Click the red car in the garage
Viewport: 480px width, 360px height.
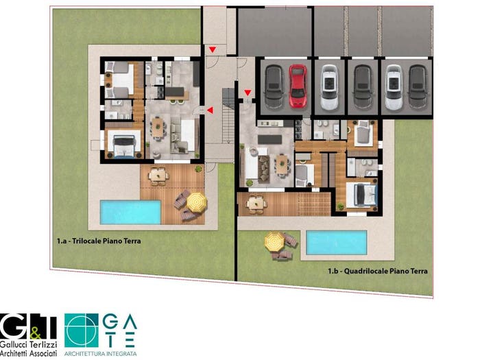click(x=298, y=86)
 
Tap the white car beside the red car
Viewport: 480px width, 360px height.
click(x=329, y=88)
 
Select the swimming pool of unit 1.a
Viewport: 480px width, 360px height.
click(x=131, y=212)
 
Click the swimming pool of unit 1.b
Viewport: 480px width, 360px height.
click(x=337, y=243)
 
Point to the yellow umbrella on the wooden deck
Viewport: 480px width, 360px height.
click(x=197, y=202)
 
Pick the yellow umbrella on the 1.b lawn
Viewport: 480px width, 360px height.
click(x=274, y=241)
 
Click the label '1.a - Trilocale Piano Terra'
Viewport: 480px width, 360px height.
click(x=99, y=241)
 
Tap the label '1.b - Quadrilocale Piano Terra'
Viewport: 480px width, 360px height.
click(x=378, y=271)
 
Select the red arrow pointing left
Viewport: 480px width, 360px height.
click(x=210, y=110)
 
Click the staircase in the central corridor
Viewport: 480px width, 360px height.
click(x=228, y=116)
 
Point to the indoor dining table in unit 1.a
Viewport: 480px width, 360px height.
click(x=158, y=128)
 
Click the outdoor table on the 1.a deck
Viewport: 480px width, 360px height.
click(x=158, y=175)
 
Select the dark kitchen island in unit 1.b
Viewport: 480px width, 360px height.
click(x=269, y=139)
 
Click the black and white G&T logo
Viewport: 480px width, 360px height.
click(x=28, y=326)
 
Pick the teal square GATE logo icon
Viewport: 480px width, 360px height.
click(x=82, y=330)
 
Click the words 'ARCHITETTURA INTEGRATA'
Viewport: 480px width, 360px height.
click(x=100, y=354)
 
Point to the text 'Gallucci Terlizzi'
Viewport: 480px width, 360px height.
click(x=29, y=344)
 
